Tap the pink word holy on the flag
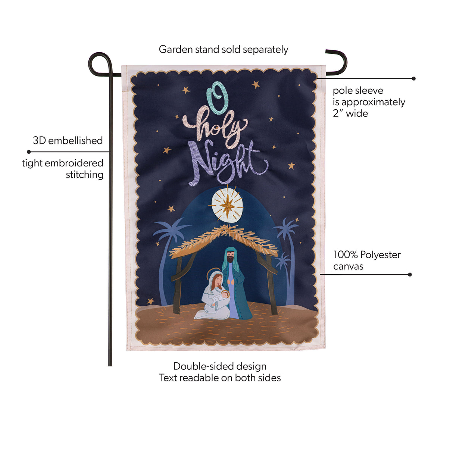click(215, 128)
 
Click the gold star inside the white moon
click(227, 206)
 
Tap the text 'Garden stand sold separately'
click(223, 50)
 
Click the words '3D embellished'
click(68, 141)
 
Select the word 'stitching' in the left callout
click(84, 175)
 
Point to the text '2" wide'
click(350, 113)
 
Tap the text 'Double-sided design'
click(220, 366)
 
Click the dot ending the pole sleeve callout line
click(413, 78)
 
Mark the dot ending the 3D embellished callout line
click(29, 152)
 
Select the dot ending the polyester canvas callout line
click(410, 274)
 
